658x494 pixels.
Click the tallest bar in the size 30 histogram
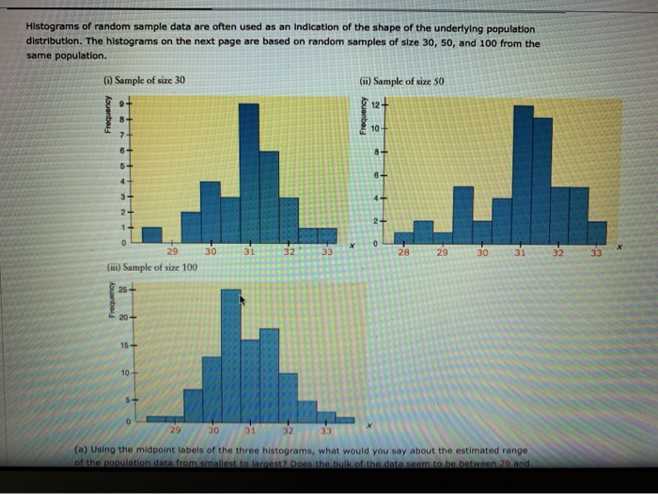pos(249,169)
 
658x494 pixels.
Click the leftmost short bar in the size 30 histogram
pos(151,234)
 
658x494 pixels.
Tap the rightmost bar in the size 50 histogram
pos(597,232)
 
